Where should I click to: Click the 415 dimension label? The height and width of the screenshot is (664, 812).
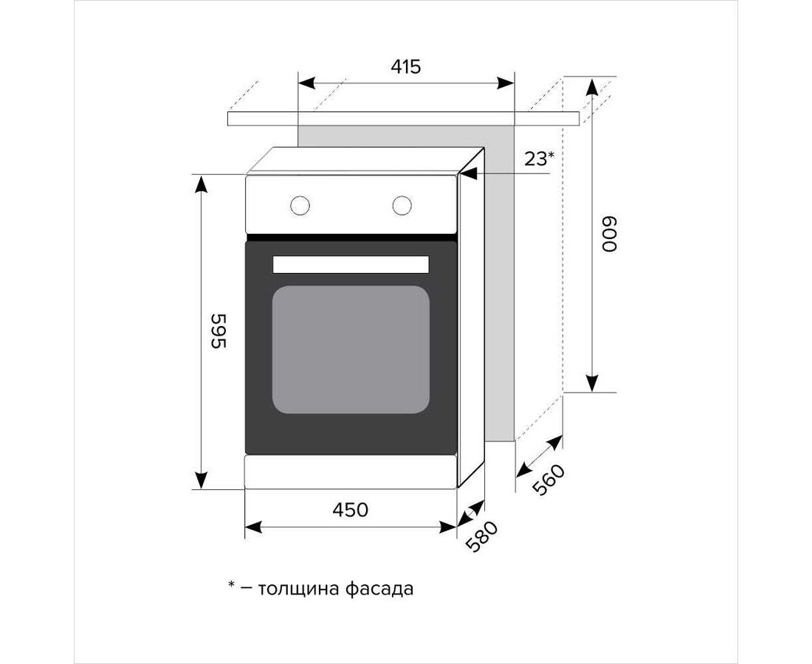coord(405,66)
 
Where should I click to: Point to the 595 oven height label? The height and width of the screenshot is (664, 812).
coord(219,331)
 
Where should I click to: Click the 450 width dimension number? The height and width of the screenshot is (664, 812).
coord(351,510)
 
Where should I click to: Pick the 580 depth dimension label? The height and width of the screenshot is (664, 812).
coord(481,536)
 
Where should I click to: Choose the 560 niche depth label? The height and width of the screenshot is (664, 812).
coord(548,480)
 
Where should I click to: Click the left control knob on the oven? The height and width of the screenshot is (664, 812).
coord(300,205)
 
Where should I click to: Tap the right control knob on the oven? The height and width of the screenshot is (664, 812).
coord(402,205)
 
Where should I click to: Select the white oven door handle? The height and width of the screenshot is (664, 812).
coord(351,264)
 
